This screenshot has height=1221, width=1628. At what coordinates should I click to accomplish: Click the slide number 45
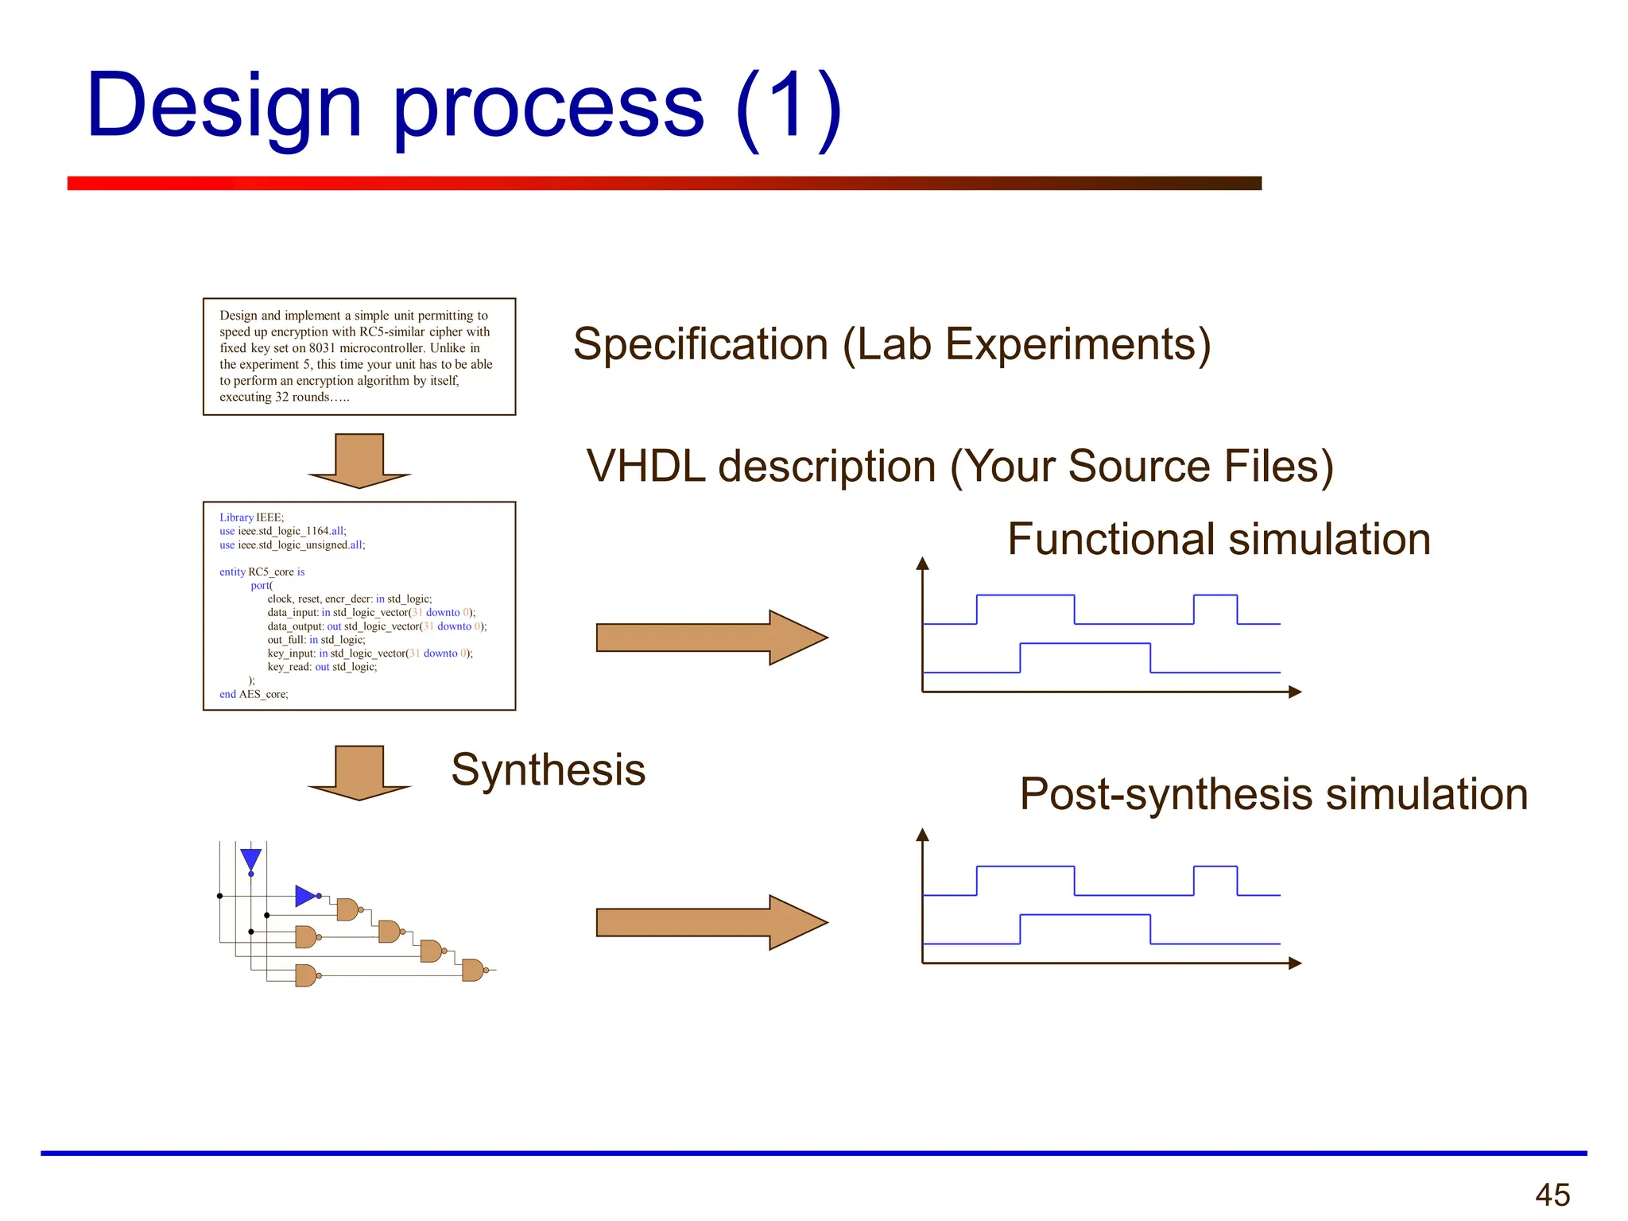click(1552, 1195)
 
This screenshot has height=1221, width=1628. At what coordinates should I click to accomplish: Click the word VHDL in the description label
click(645, 466)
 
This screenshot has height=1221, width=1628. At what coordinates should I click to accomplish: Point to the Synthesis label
click(548, 769)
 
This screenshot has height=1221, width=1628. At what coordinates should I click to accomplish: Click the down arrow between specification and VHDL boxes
click(359, 462)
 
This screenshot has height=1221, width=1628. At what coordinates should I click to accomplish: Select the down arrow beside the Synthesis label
click(359, 773)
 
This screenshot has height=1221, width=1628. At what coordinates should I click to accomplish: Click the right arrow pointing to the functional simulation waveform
click(711, 638)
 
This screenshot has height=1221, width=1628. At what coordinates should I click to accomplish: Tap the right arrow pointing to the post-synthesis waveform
click(711, 922)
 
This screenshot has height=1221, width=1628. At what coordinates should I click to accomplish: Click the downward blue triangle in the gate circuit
click(251, 859)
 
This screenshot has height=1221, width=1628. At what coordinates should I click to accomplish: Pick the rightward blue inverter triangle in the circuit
click(304, 896)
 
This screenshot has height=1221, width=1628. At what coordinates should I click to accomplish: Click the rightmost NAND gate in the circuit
click(472, 970)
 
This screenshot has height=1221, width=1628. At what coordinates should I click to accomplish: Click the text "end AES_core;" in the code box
click(254, 694)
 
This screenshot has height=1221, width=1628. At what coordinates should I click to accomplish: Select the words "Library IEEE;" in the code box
click(251, 517)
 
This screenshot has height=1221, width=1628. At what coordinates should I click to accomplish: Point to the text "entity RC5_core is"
click(262, 572)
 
